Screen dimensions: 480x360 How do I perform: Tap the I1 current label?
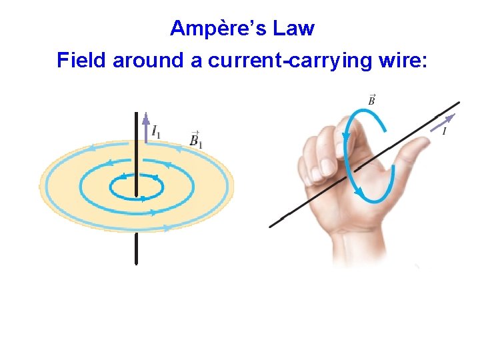tap(155, 131)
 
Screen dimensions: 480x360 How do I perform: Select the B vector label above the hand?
tap(371, 100)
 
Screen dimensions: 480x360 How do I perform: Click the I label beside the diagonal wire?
tap(443, 131)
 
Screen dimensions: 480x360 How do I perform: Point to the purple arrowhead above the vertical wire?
tap(145, 119)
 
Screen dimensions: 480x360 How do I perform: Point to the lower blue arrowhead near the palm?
tap(359, 193)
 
